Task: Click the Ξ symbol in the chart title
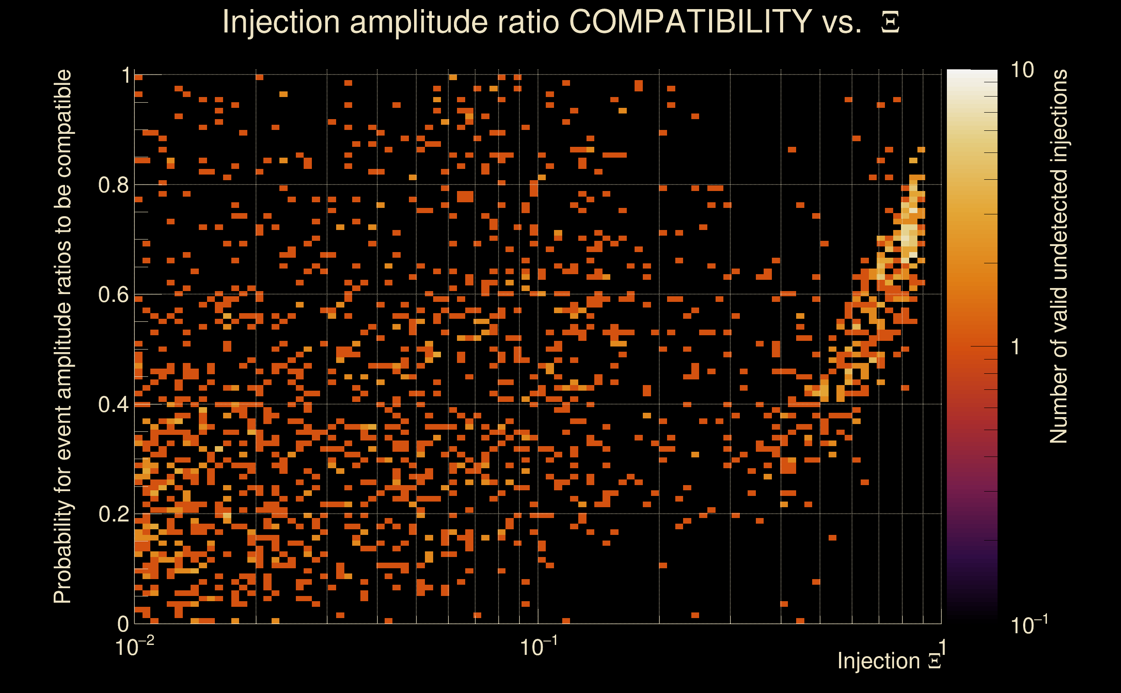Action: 890,22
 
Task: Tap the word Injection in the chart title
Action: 281,22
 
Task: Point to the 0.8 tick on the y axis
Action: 113,185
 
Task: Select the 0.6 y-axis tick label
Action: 113,295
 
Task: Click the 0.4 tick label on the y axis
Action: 113,404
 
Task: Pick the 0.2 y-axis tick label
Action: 113,514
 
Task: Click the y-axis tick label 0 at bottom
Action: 123,624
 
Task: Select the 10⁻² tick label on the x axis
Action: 134,647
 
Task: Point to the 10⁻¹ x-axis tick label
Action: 538,647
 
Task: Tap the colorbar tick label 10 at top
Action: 1022,70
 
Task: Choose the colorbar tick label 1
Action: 1016,347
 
